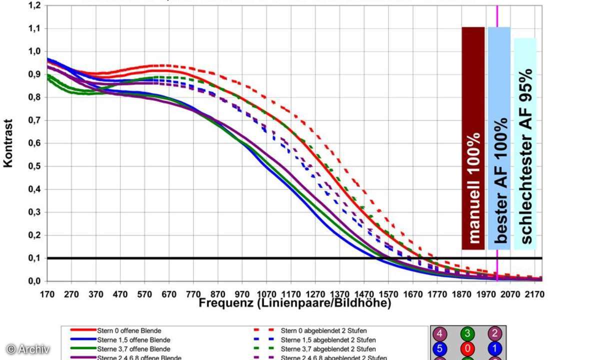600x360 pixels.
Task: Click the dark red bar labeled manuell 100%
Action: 473,138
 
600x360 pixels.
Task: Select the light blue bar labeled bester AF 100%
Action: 499,138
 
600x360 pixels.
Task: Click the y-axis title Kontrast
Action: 8,143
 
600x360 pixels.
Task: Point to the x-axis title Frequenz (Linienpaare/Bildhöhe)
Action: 294,303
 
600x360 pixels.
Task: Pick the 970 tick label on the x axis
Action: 242,294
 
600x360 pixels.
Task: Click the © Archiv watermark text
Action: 28,348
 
